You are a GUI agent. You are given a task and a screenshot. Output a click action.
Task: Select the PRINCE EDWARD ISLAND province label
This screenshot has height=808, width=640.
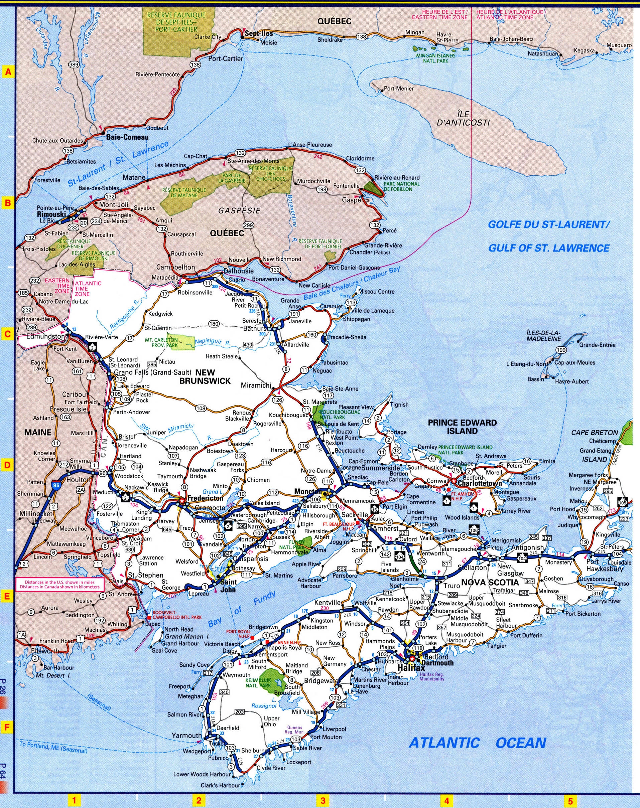pyautogui.click(x=463, y=427)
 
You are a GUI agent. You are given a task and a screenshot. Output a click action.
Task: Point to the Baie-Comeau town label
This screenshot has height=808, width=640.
pyautogui.click(x=127, y=137)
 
